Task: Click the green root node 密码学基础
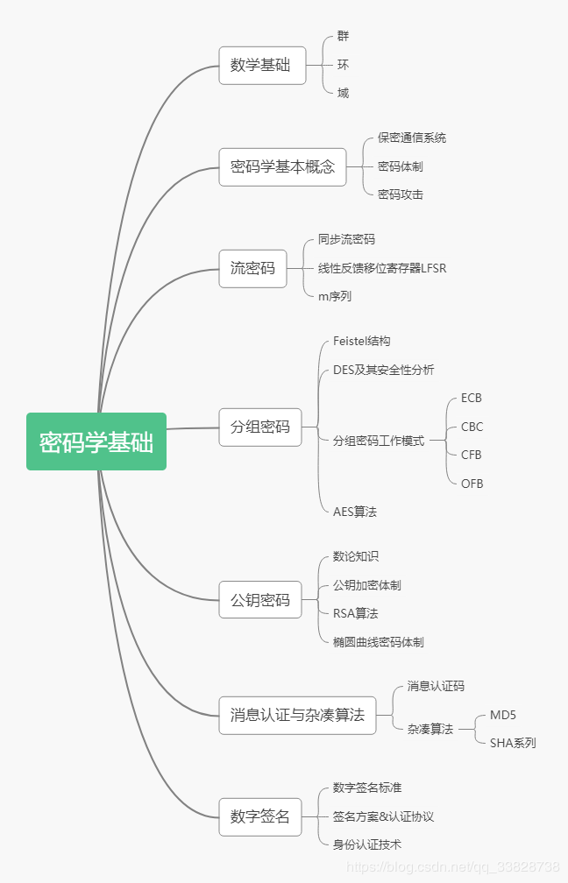tap(96, 441)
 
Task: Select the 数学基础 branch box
tap(262, 66)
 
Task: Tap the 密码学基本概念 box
tap(282, 166)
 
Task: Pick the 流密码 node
tap(252, 268)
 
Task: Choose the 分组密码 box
tap(259, 427)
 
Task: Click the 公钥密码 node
tap(259, 600)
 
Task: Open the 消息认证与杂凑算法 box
tap(297, 715)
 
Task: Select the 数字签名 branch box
tap(259, 816)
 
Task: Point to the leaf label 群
tap(343, 37)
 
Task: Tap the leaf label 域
tap(343, 93)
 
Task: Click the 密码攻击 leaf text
tap(401, 194)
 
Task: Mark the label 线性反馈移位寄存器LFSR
tap(382, 268)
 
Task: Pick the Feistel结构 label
tap(361, 341)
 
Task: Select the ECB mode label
tap(472, 398)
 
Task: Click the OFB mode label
tap(472, 484)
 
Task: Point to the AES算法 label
tap(355, 512)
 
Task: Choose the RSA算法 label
tap(356, 613)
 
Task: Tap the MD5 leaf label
tap(503, 715)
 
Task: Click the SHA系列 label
tap(513, 743)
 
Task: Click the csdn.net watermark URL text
tap(453, 867)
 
